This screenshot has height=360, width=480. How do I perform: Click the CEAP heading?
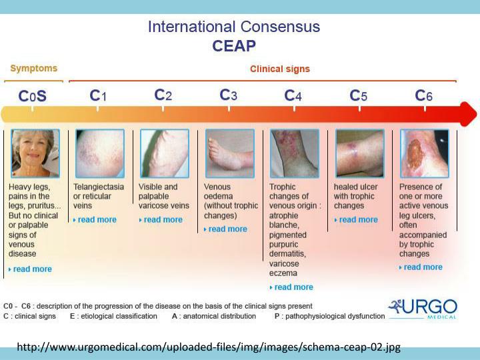pos(233,46)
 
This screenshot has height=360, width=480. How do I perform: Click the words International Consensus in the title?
pos(233,27)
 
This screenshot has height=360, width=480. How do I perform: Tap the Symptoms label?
pos(33,68)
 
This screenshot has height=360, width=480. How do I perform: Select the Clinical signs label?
pos(279,69)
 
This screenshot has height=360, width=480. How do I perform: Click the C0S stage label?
pos(33,96)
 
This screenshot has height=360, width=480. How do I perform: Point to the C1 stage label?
pos(98,96)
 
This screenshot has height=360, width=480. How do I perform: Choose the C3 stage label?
pos(229,95)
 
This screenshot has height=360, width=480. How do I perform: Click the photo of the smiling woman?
pos(35,153)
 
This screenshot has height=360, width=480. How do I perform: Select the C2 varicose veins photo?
pos(165,153)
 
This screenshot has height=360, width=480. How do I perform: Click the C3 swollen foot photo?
pos(229,153)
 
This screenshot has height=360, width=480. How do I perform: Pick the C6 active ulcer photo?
pos(424,153)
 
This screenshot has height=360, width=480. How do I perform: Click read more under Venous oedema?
pos(227,229)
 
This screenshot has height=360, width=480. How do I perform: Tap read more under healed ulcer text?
pos(357,219)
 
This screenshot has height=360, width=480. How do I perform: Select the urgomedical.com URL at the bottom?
pos(209,347)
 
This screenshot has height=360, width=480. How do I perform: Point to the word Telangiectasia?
pos(99,187)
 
